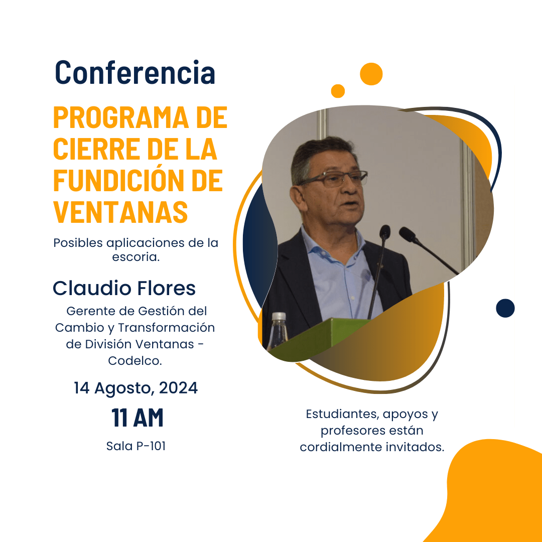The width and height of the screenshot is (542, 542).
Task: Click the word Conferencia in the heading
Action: [135, 72]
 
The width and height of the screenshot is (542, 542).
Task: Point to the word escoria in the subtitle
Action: [135, 257]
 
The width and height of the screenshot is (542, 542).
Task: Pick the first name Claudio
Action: [92, 288]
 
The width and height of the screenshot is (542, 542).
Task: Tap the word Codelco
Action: [135, 360]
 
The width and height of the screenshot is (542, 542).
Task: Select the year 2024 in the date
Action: [178, 387]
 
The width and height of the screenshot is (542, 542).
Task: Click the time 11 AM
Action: [137, 418]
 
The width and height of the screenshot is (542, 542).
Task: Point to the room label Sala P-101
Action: [136, 446]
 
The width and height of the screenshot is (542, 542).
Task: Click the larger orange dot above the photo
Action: [371, 74]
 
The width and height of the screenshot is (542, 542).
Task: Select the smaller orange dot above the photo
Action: [338, 91]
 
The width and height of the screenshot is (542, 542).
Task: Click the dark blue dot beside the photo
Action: [505, 308]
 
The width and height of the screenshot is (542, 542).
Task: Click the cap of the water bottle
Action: [279, 316]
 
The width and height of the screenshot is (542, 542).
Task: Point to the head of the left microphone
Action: [385, 231]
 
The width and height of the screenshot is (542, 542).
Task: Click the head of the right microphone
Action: [408, 234]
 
